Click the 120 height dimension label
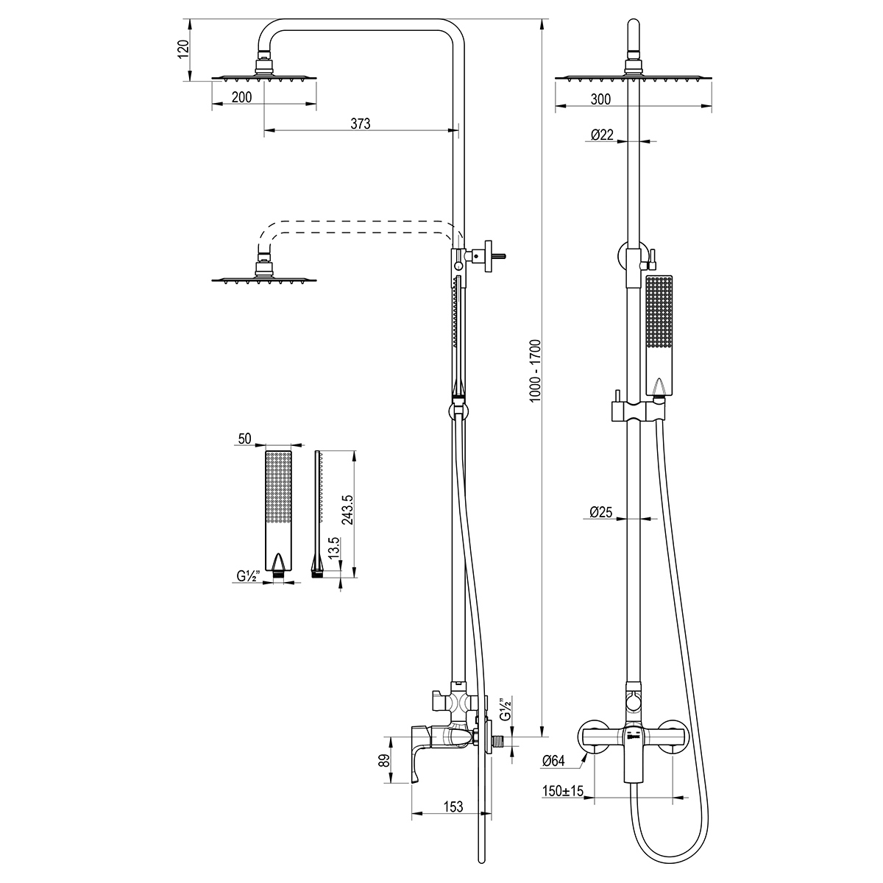pyautogui.click(x=182, y=49)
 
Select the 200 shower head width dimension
pyautogui.click(x=241, y=97)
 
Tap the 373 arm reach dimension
pyautogui.click(x=361, y=124)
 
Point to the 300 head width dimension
pyautogui.click(x=600, y=99)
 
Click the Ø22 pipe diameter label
pyautogui.click(x=602, y=135)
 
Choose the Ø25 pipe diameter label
pyautogui.click(x=600, y=512)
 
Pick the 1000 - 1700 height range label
pyautogui.click(x=535, y=371)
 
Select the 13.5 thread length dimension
pyautogui.click(x=334, y=547)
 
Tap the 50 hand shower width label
pyautogui.click(x=245, y=439)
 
